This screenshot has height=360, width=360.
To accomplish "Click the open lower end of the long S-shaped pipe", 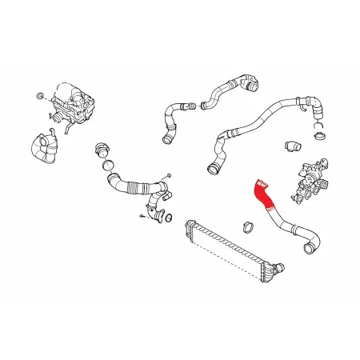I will [x=214, y=168].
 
